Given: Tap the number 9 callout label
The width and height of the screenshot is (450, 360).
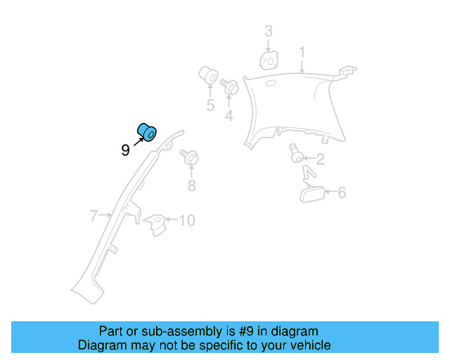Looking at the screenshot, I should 125,150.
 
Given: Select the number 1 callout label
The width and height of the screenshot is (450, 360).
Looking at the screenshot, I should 302,53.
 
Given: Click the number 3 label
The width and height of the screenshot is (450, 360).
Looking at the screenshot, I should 268,31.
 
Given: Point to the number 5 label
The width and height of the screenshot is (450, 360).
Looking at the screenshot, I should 210,105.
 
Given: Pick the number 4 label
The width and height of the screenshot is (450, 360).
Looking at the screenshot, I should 229,115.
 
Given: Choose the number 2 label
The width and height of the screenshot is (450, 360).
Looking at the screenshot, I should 319,159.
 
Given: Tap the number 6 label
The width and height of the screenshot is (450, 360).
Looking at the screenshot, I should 342,192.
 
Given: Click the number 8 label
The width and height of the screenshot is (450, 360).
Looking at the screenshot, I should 191,186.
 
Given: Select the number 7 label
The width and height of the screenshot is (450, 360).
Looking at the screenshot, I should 94,217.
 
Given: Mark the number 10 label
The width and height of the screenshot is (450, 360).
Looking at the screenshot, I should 186,221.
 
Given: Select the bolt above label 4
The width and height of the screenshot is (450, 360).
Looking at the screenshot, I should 229,87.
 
